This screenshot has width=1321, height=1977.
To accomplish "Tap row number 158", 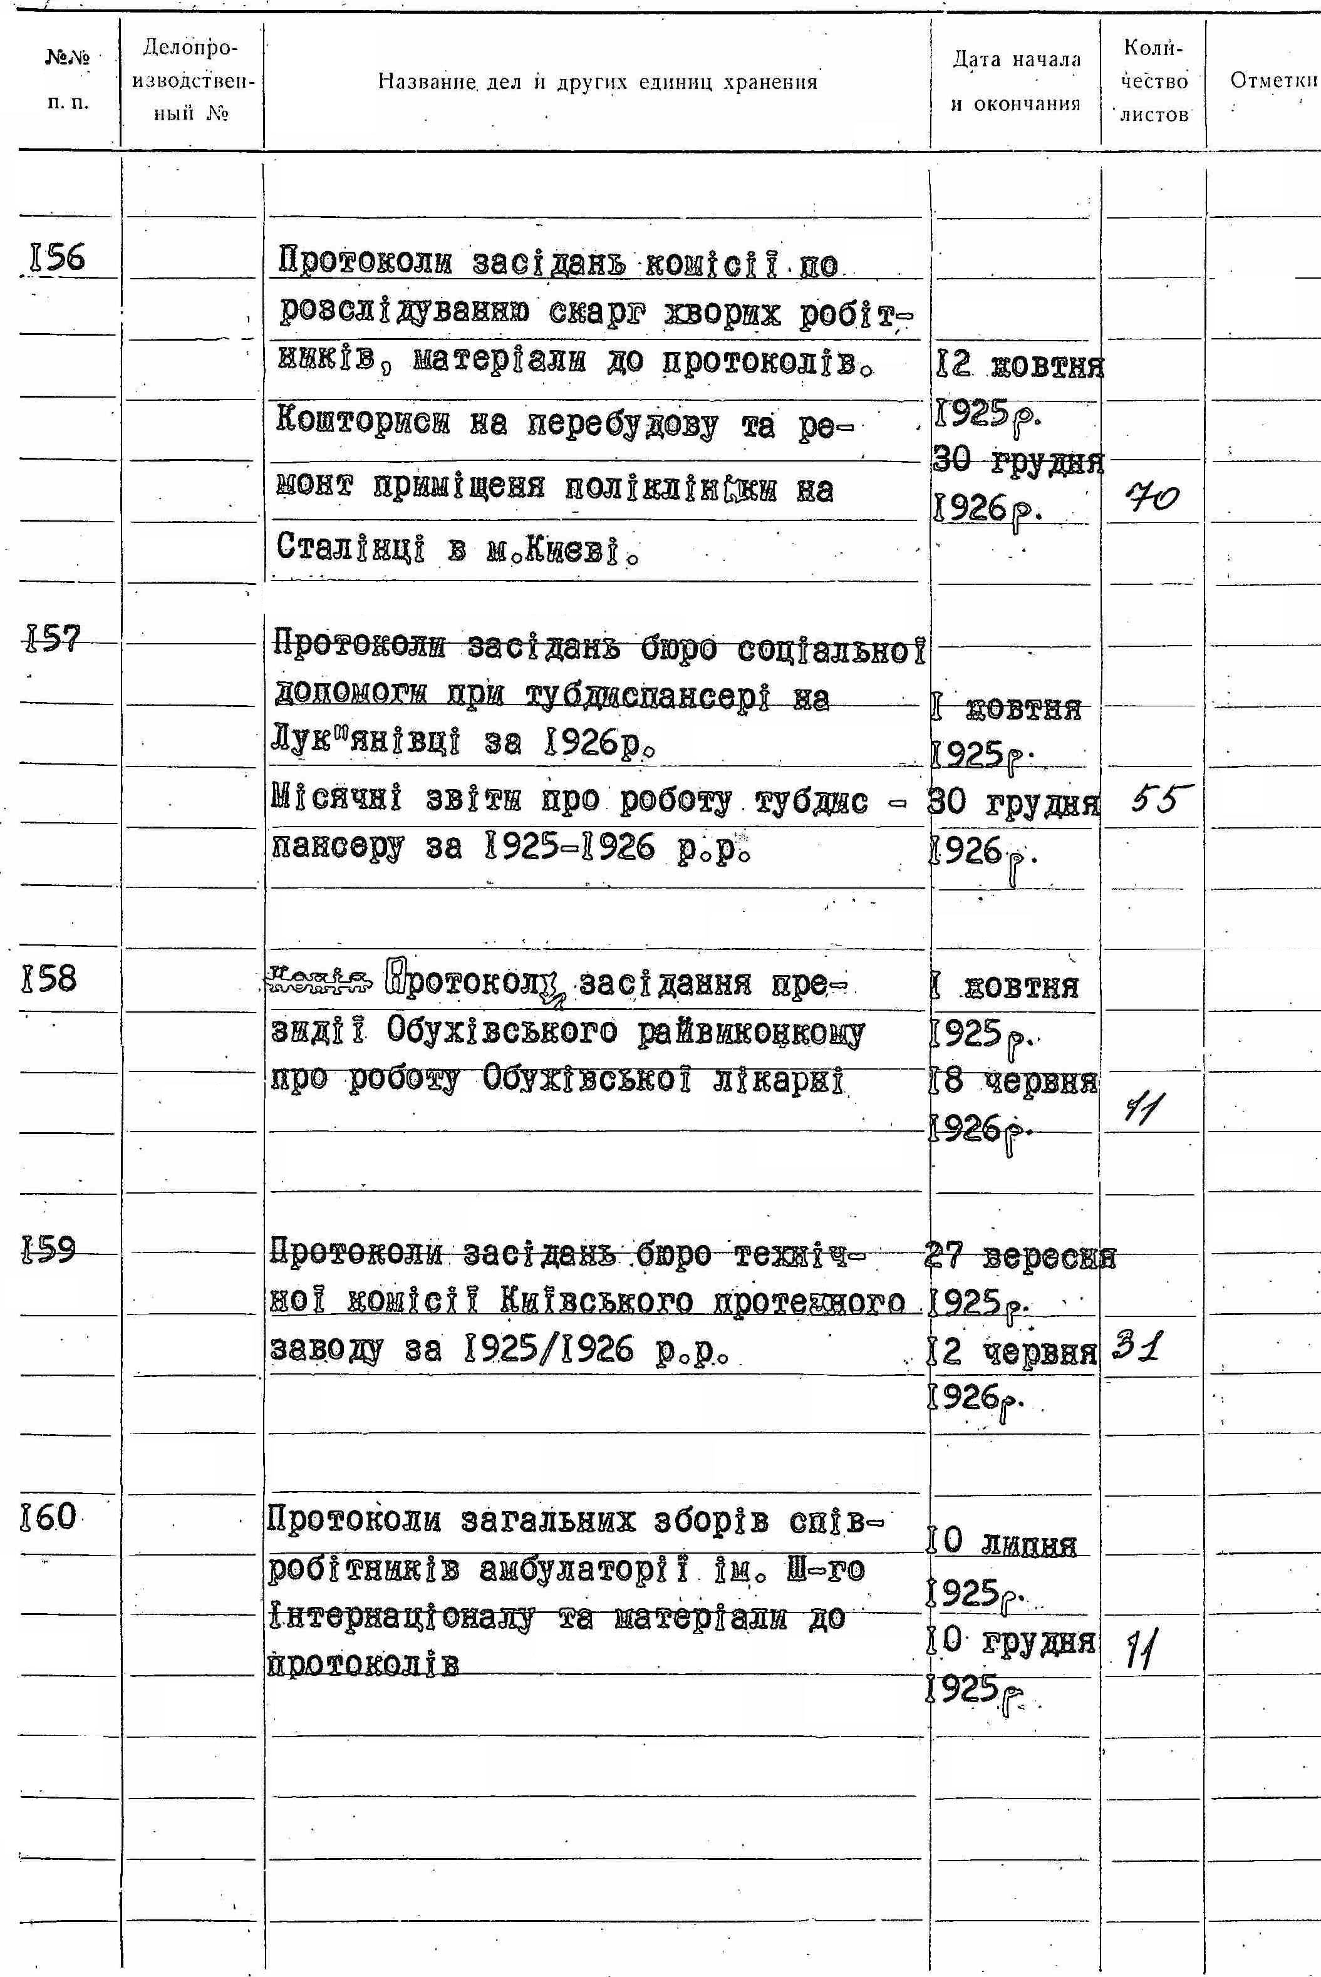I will pos(49,979).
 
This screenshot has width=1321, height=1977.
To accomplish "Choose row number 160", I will pos(49,1517).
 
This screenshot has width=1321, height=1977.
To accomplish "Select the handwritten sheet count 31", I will pos(1138,1350).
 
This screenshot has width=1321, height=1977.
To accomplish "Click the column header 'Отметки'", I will pos(1273,81).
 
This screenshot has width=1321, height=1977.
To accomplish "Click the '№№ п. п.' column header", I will pos(68,81).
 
